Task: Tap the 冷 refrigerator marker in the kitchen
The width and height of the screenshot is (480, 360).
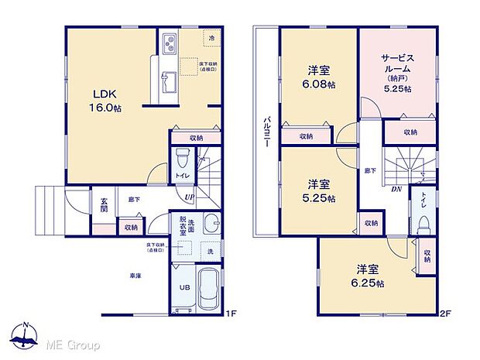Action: (210, 36)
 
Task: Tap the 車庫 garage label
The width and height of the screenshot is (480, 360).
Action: (134, 275)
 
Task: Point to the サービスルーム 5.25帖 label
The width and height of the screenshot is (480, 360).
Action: (396, 72)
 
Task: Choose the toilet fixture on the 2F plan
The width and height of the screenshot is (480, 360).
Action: (423, 222)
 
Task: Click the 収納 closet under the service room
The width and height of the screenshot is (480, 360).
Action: (410, 132)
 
